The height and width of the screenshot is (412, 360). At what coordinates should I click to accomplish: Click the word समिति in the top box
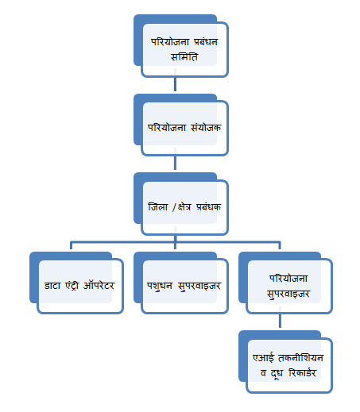pyautogui.click(x=184, y=56)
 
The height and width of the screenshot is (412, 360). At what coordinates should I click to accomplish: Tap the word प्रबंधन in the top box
pyautogui.click(x=206, y=42)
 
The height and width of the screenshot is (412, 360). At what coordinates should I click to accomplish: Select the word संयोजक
pyautogui.click(x=206, y=127)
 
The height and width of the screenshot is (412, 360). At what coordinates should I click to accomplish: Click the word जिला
pyautogui.click(x=158, y=206)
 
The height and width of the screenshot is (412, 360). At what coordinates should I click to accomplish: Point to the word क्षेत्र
pyautogui.click(x=184, y=207)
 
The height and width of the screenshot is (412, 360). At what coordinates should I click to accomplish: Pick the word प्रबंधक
pyautogui.click(x=208, y=206)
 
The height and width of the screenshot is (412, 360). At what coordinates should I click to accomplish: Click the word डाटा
pyautogui.click(x=52, y=286)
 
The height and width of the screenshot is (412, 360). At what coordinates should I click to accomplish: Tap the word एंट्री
pyautogui.click(x=72, y=285)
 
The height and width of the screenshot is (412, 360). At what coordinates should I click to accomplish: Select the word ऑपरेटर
pyautogui.click(x=99, y=285)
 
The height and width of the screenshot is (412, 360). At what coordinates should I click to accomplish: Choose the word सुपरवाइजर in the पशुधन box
pyautogui.click(x=199, y=286)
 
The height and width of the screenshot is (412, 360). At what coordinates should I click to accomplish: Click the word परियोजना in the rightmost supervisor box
pyautogui.click(x=288, y=278)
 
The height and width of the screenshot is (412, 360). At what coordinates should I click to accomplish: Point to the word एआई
pyautogui.click(x=263, y=357)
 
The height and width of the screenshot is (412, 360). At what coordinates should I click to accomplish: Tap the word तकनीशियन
pyautogui.click(x=300, y=357)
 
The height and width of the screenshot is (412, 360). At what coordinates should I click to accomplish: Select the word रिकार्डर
pyautogui.click(x=302, y=372)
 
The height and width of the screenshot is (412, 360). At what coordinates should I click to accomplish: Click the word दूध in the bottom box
pyautogui.click(x=277, y=373)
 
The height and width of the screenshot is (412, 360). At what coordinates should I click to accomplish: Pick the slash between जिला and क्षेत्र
pyautogui.click(x=174, y=207)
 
